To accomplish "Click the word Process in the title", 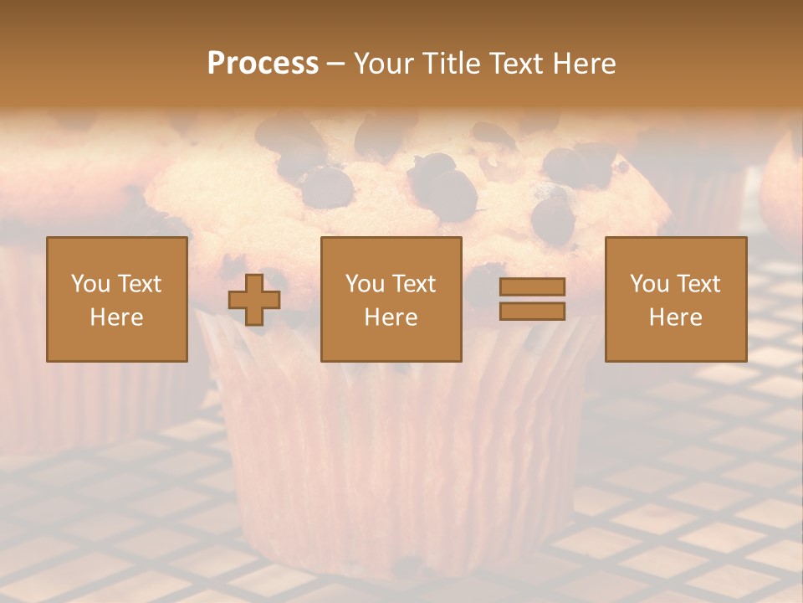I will [x=263, y=64].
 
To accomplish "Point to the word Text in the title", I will [x=519, y=64].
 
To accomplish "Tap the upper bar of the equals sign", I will [x=532, y=287].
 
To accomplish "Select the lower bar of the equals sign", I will [x=532, y=312].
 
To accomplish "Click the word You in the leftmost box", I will [x=90, y=284].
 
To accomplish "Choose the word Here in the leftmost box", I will [x=116, y=317].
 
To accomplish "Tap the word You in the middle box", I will [x=365, y=284].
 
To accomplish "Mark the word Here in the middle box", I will [x=391, y=317].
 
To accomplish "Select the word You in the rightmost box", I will [x=649, y=284].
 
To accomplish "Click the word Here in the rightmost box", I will [x=675, y=317].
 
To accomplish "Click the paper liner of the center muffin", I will [x=393, y=452].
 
